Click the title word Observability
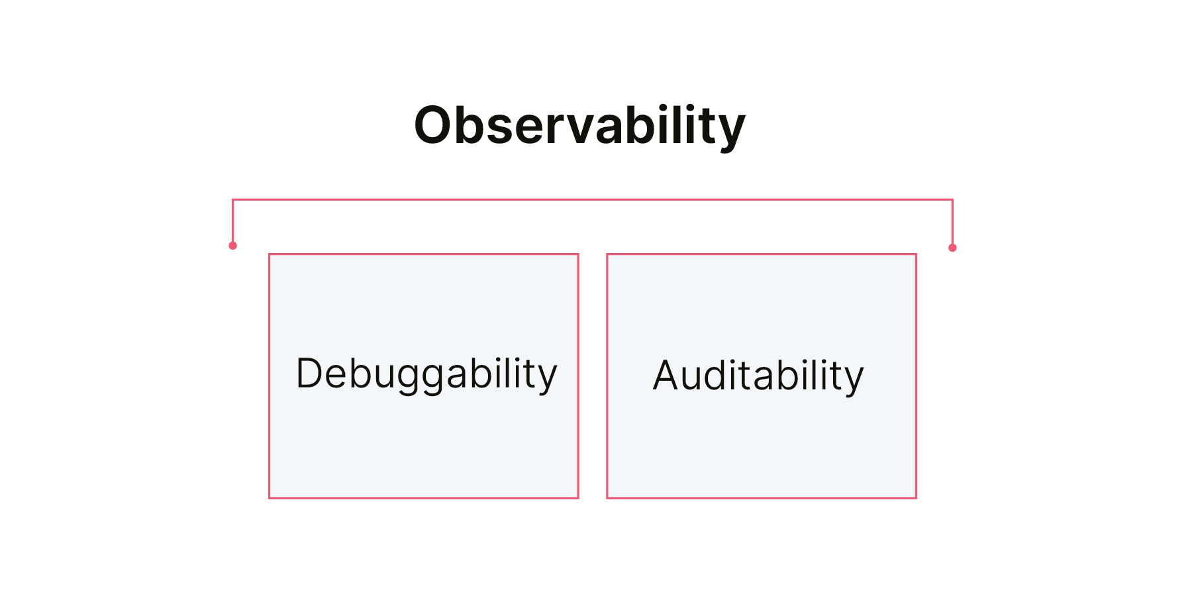[579, 126]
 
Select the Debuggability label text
[426, 374]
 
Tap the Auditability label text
[758, 375]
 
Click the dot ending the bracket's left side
[232, 246]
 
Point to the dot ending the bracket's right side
[952, 248]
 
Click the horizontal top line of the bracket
[593, 199]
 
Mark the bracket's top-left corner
[232, 199]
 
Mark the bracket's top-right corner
[952, 199]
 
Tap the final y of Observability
[730, 134]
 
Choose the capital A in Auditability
[667, 375]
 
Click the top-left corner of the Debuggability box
[270, 254]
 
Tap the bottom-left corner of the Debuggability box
[270, 497]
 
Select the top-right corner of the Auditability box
[916, 254]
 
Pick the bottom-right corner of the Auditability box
[916, 497]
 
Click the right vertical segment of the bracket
[952, 223]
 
